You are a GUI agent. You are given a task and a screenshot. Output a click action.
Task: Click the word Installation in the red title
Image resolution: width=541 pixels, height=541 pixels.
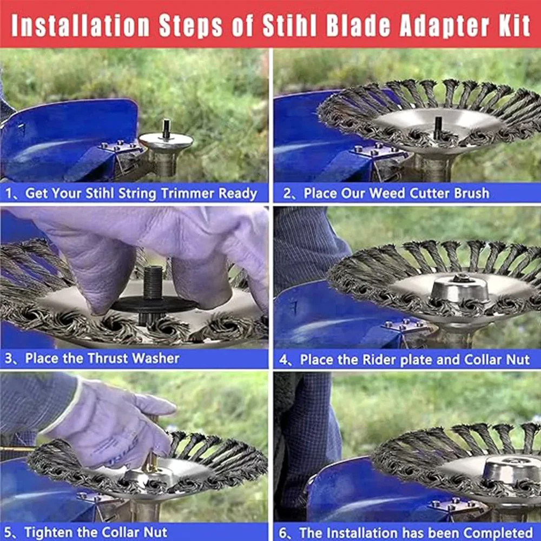[81, 26]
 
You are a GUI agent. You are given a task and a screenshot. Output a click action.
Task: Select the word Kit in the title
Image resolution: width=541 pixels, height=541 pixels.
[514, 26]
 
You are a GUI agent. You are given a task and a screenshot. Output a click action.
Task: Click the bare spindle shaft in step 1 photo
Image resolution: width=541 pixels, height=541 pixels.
[166, 129]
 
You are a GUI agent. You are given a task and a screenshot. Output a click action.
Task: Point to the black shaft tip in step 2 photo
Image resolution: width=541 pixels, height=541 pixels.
[438, 127]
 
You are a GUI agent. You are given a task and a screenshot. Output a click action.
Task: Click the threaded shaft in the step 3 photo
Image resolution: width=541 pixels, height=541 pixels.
[153, 282]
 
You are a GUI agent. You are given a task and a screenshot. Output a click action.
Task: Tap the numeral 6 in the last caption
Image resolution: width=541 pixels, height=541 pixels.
[282, 533]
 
